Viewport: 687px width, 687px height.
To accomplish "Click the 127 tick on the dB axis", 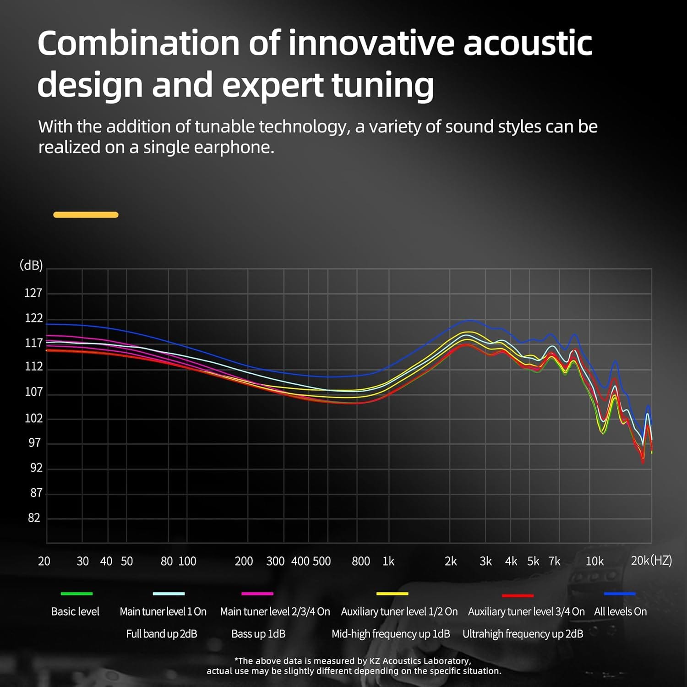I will tap(33, 293).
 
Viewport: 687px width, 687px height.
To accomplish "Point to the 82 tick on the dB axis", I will tap(34, 518).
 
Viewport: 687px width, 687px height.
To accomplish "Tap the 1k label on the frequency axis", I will tap(388, 561).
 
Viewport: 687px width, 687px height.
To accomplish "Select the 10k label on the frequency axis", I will tap(594, 561).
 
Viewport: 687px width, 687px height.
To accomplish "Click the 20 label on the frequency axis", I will tap(44, 561).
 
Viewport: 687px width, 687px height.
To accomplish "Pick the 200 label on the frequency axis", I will tap(244, 561).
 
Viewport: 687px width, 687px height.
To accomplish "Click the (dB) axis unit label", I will tap(31, 265).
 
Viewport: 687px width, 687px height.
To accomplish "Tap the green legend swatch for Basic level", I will tap(76, 594).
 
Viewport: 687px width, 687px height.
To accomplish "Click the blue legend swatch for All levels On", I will tap(620, 594).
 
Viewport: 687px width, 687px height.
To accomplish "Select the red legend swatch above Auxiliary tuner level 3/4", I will tap(518, 595).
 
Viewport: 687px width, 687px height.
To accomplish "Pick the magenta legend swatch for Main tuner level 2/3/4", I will tap(257, 594).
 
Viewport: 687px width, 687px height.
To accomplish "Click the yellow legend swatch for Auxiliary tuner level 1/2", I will tap(392, 594).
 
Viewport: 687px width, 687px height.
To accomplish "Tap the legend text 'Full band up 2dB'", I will tap(162, 634).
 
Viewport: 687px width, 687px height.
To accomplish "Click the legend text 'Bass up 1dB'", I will tap(258, 634).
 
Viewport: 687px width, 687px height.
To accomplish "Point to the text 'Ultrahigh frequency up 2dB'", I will tap(523, 634).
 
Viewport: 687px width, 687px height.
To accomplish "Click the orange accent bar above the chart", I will tap(86, 215).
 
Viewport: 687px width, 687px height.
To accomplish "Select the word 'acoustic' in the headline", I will tap(528, 43).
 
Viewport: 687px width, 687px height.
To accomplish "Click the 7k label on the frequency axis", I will tap(554, 561).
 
